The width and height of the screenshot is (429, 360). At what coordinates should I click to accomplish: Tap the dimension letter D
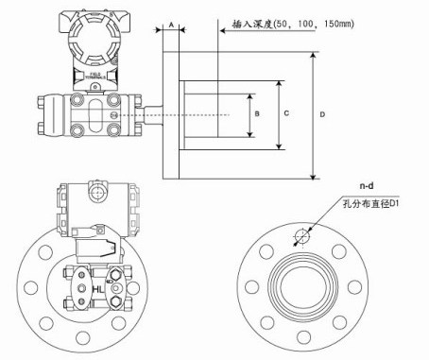point(322,115)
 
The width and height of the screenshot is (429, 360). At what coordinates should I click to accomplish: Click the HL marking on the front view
point(98,287)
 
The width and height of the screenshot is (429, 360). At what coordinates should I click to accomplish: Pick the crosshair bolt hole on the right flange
point(302,235)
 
